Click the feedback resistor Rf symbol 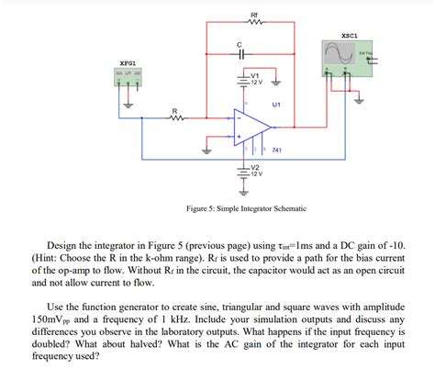point(242,25)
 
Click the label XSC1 point(349,37)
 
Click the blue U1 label point(276,104)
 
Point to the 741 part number point(278,149)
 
